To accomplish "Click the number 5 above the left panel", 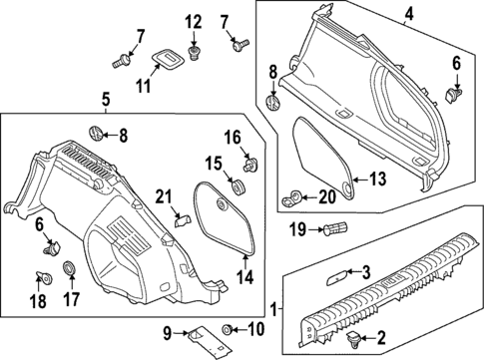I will pos(105,98).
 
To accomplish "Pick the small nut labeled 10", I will pos(229,328).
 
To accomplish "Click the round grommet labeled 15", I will pos(239,186).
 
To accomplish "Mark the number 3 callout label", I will pos(366,271).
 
